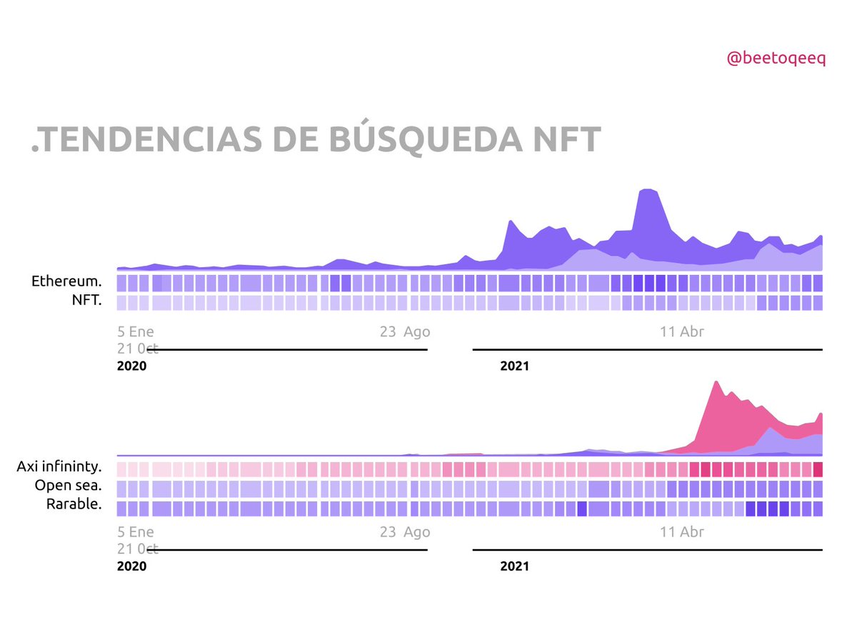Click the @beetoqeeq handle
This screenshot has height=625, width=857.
[776, 59]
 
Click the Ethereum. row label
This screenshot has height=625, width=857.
[66, 281]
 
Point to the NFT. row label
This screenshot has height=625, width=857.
[86, 301]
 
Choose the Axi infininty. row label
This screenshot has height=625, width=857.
[59, 467]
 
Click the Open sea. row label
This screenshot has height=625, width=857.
[68, 486]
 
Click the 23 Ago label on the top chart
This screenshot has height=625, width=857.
[405, 331]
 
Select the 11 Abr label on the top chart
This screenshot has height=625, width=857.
[682, 331]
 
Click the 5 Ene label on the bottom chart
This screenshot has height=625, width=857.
[136, 531]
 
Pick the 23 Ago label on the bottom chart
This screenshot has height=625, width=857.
[405, 531]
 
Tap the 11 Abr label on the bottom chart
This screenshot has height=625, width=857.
[682, 531]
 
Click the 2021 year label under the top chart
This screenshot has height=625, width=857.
[514, 366]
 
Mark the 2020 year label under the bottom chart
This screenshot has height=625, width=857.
[131, 566]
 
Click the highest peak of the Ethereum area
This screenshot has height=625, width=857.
[648, 190]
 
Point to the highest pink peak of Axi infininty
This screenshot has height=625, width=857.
[715, 383]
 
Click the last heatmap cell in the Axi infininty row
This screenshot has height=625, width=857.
[818, 469]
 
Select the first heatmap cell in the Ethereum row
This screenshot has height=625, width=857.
[121, 283]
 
